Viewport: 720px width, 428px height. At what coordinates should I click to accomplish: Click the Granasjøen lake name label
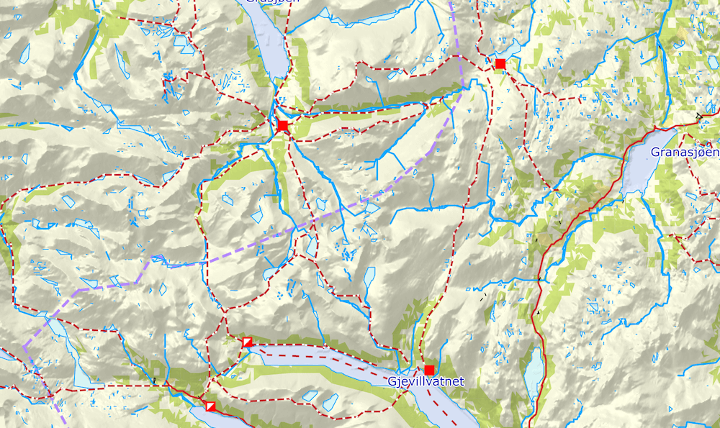tap(685, 152)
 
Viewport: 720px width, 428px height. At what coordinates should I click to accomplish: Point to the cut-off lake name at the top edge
tap(271, 2)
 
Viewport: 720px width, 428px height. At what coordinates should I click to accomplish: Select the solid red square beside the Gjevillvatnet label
tap(429, 370)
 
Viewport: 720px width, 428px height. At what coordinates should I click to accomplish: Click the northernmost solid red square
tap(500, 64)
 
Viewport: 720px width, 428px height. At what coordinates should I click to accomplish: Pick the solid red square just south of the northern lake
tap(282, 126)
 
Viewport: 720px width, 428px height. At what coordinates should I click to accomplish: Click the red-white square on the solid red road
tap(210, 407)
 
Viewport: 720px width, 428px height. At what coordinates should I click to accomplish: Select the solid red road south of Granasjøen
tap(576, 216)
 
